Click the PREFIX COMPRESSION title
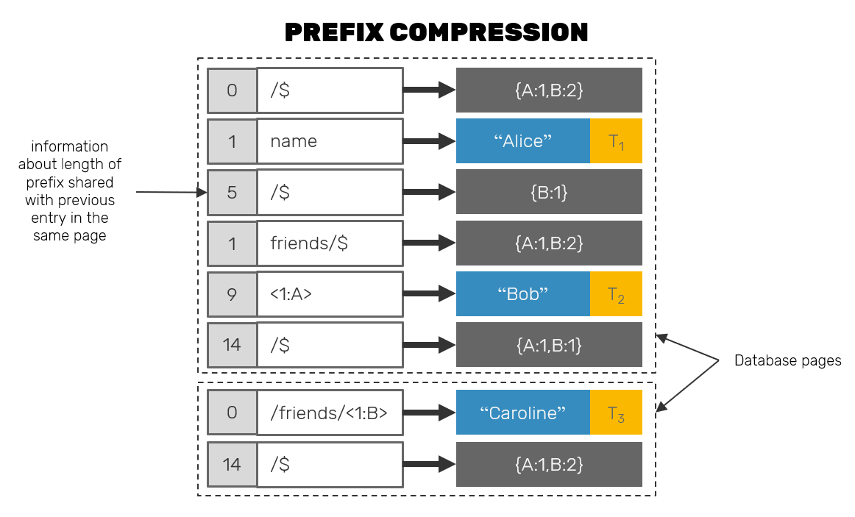pyautogui.click(x=436, y=32)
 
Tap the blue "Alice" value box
pyautogui.click(x=522, y=141)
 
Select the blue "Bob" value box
pyautogui.click(x=522, y=294)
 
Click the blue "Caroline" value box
pyautogui.click(x=522, y=413)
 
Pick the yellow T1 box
pyautogui.click(x=616, y=141)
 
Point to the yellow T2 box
pyautogui.click(x=616, y=294)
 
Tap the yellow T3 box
pyautogui.click(x=616, y=413)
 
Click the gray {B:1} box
pyautogui.click(x=549, y=192)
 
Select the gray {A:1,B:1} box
pyautogui.click(x=549, y=345)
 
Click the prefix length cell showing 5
pyautogui.click(x=232, y=192)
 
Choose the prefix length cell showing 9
pyautogui.click(x=232, y=294)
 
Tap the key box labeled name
pyautogui.click(x=329, y=141)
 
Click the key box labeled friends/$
pyautogui.click(x=329, y=243)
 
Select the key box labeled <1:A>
pyautogui.click(x=329, y=294)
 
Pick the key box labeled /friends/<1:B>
pyautogui.click(x=329, y=413)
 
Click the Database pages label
pyautogui.click(x=787, y=361)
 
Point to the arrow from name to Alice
pyautogui.click(x=430, y=141)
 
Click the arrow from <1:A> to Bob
pyautogui.click(x=430, y=294)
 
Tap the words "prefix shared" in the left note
pyautogui.click(x=70, y=182)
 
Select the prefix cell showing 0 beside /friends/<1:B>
pyautogui.click(x=232, y=413)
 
